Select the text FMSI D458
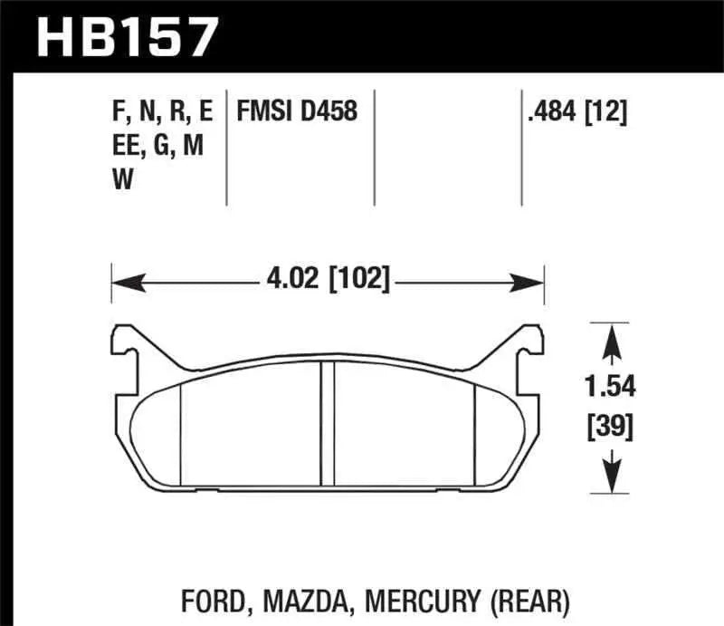[x=296, y=111]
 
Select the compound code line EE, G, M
[x=155, y=146]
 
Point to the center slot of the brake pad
[x=329, y=426]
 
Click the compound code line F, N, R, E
[x=160, y=111]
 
